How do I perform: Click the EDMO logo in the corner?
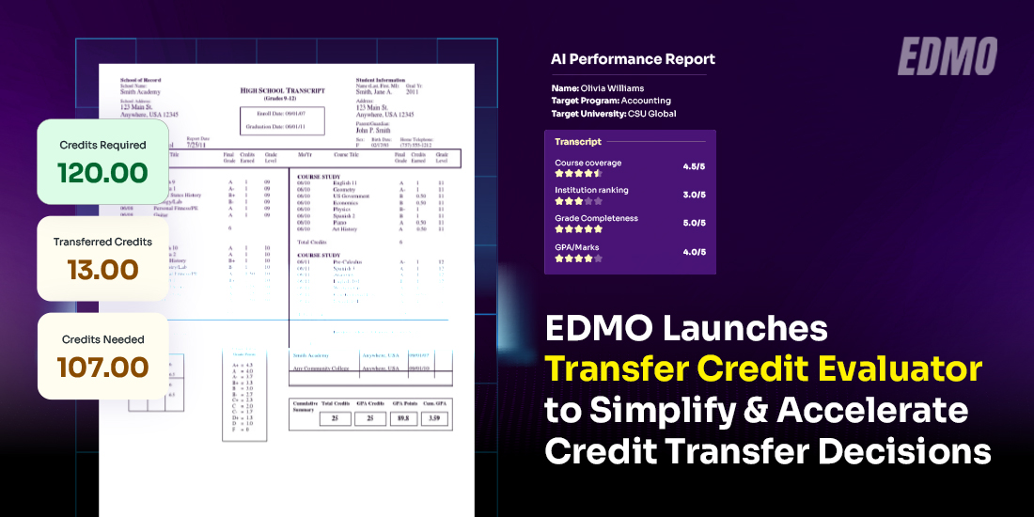point(947,56)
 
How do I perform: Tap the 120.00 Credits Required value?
point(102,173)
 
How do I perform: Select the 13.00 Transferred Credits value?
point(102,270)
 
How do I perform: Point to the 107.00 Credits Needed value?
point(102,367)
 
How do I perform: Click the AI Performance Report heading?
point(633,59)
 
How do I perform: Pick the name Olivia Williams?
point(612,88)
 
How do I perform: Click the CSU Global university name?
point(649,114)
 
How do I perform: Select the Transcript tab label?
point(578,142)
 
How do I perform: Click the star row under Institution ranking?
point(578,201)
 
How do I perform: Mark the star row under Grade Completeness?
point(578,229)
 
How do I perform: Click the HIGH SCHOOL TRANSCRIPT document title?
point(282,91)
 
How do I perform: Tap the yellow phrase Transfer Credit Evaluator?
point(764,369)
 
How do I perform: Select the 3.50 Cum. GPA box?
point(434,416)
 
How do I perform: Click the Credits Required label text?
point(102,145)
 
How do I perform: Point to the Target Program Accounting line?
point(610,101)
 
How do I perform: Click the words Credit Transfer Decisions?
point(768,452)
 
